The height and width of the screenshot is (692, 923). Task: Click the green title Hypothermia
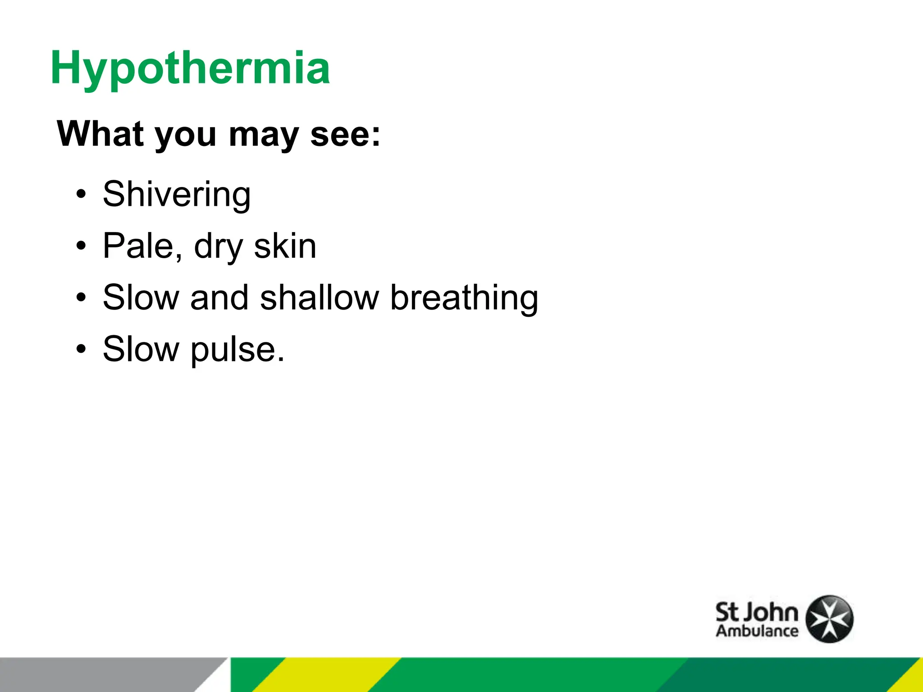[x=190, y=68]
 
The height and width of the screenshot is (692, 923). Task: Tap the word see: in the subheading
[x=345, y=134]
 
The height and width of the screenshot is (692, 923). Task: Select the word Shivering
[x=176, y=195]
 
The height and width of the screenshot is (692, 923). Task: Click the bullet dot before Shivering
[x=81, y=195]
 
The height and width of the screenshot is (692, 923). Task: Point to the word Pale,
[x=142, y=246]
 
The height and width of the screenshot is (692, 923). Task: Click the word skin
[x=285, y=246]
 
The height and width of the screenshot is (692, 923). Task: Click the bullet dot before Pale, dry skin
[x=81, y=246]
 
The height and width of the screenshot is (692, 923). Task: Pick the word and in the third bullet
[x=219, y=298]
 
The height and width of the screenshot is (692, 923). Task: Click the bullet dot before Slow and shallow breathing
[x=81, y=298]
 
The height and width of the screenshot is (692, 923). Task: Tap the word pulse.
[x=238, y=350]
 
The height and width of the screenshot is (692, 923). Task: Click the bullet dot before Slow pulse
[x=81, y=350]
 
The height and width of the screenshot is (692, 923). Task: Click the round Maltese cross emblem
[x=829, y=619]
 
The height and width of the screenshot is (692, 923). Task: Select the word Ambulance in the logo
[x=757, y=631]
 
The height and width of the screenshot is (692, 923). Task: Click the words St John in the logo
[x=757, y=613]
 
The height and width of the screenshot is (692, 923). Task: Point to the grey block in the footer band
[x=104, y=674]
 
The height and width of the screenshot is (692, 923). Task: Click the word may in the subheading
[x=264, y=135]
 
